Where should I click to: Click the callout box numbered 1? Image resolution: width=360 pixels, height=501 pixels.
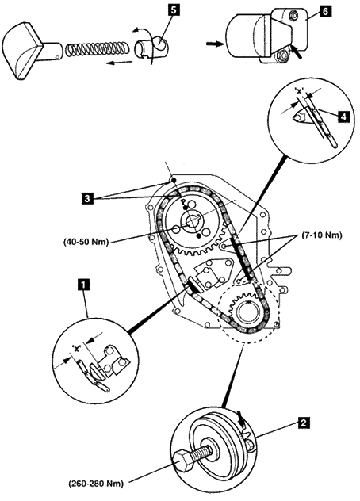[x=83, y=285]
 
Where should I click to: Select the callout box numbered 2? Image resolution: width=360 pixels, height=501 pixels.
[x=303, y=423]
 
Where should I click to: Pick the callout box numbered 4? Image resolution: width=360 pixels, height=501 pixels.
[x=343, y=117]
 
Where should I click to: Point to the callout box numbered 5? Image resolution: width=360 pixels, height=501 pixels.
[x=173, y=10]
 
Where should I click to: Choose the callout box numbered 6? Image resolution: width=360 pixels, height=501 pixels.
[x=324, y=12]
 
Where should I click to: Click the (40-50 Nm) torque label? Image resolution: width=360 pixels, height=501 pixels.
[x=86, y=242]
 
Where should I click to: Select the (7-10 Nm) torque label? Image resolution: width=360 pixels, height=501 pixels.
[x=322, y=235]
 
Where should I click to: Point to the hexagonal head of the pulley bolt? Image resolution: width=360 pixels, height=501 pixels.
[x=183, y=459]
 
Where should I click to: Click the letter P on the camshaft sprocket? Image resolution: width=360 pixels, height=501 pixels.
[x=183, y=202]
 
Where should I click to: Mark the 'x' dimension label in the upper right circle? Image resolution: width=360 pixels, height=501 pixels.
[x=300, y=90]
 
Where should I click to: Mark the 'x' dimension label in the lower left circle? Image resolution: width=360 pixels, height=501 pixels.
[x=76, y=348]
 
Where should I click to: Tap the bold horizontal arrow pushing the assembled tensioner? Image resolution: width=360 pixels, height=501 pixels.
[x=214, y=44]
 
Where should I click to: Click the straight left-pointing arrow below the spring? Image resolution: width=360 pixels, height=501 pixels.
[x=119, y=62]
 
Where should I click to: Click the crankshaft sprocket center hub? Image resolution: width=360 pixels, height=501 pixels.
[x=247, y=311]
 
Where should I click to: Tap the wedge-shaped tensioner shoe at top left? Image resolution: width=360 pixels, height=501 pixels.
[x=21, y=50]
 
